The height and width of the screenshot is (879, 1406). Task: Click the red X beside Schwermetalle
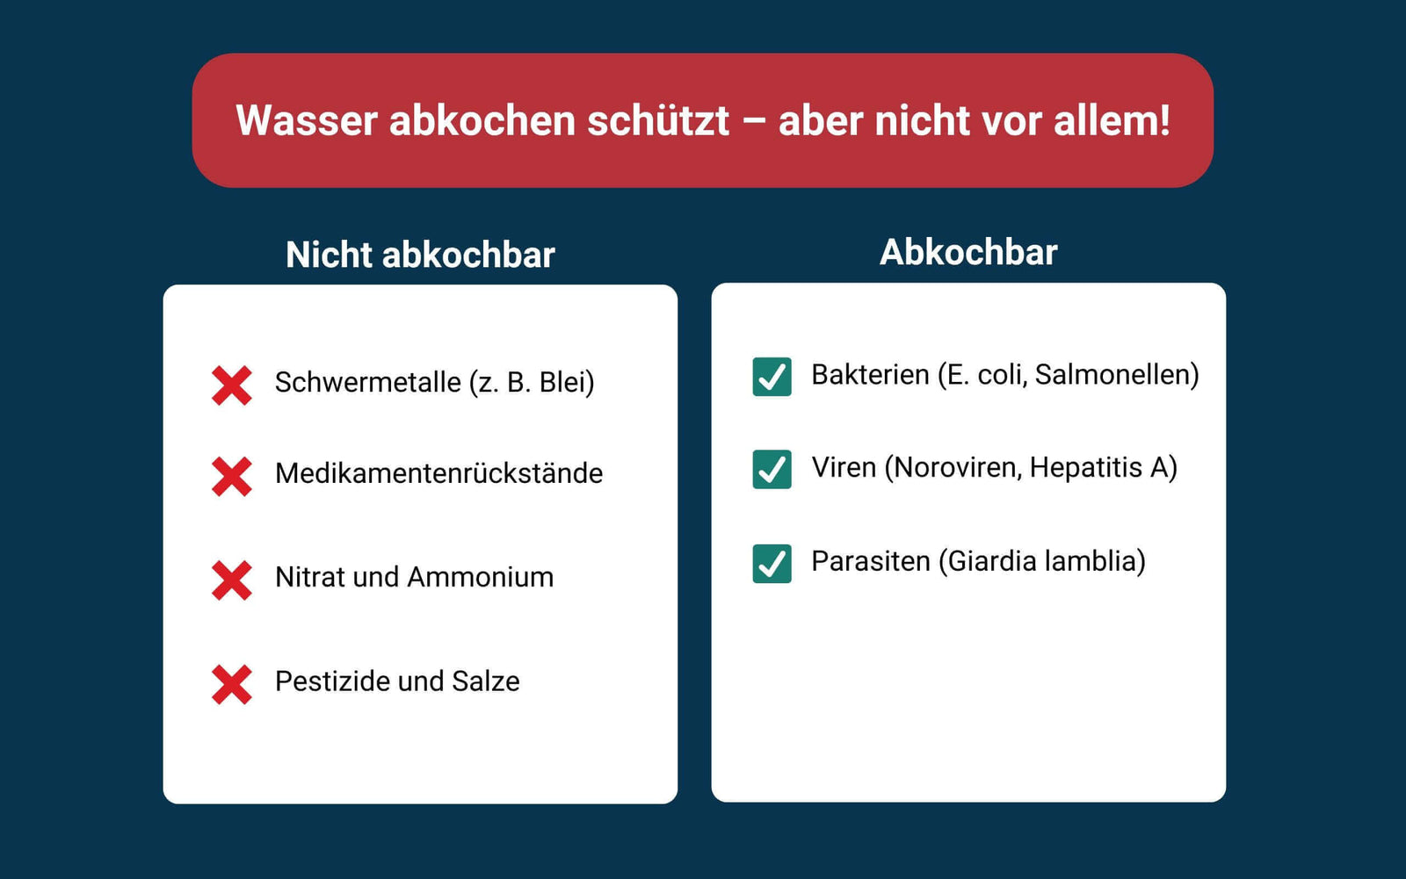click(232, 385)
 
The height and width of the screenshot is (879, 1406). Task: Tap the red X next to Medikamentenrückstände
click(232, 477)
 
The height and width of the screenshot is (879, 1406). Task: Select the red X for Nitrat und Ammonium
click(232, 580)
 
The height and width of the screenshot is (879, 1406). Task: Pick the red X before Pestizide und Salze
click(232, 685)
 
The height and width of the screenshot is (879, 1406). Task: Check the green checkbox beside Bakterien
click(772, 377)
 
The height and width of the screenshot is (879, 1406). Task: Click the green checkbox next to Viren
click(772, 469)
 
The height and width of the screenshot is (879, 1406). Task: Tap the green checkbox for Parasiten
click(772, 564)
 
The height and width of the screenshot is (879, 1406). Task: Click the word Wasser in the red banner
click(307, 120)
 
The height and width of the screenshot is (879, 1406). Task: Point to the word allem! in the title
click(1112, 119)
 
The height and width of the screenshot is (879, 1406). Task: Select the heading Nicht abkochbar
click(421, 255)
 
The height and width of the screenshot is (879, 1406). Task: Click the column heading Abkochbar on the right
click(968, 252)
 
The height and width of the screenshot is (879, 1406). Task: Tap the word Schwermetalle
click(368, 382)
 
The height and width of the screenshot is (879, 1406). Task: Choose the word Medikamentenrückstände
click(438, 473)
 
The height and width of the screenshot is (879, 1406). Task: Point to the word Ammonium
click(480, 577)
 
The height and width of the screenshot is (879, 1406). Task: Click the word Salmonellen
click(1112, 375)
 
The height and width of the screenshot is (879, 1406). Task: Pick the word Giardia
click(992, 561)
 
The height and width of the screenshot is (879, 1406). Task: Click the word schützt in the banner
click(658, 120)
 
